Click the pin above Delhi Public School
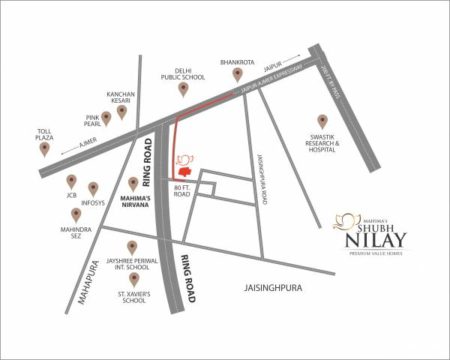click(x=183, y=89)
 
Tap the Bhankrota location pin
click(x=238, y=74)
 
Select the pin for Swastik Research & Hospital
click(x=322, y=121)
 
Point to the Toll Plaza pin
click(x=44, y=148)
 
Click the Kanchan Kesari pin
click(x=121, y=112)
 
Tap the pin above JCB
click(x=72, y=181)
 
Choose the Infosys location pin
click(x=94, y=187)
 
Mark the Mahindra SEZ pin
click(x=76, y=214)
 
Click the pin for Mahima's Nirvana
click(x=133, y=183)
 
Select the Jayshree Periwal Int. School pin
click(x=133, y=247)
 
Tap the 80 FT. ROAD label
click(x=182, y=190)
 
